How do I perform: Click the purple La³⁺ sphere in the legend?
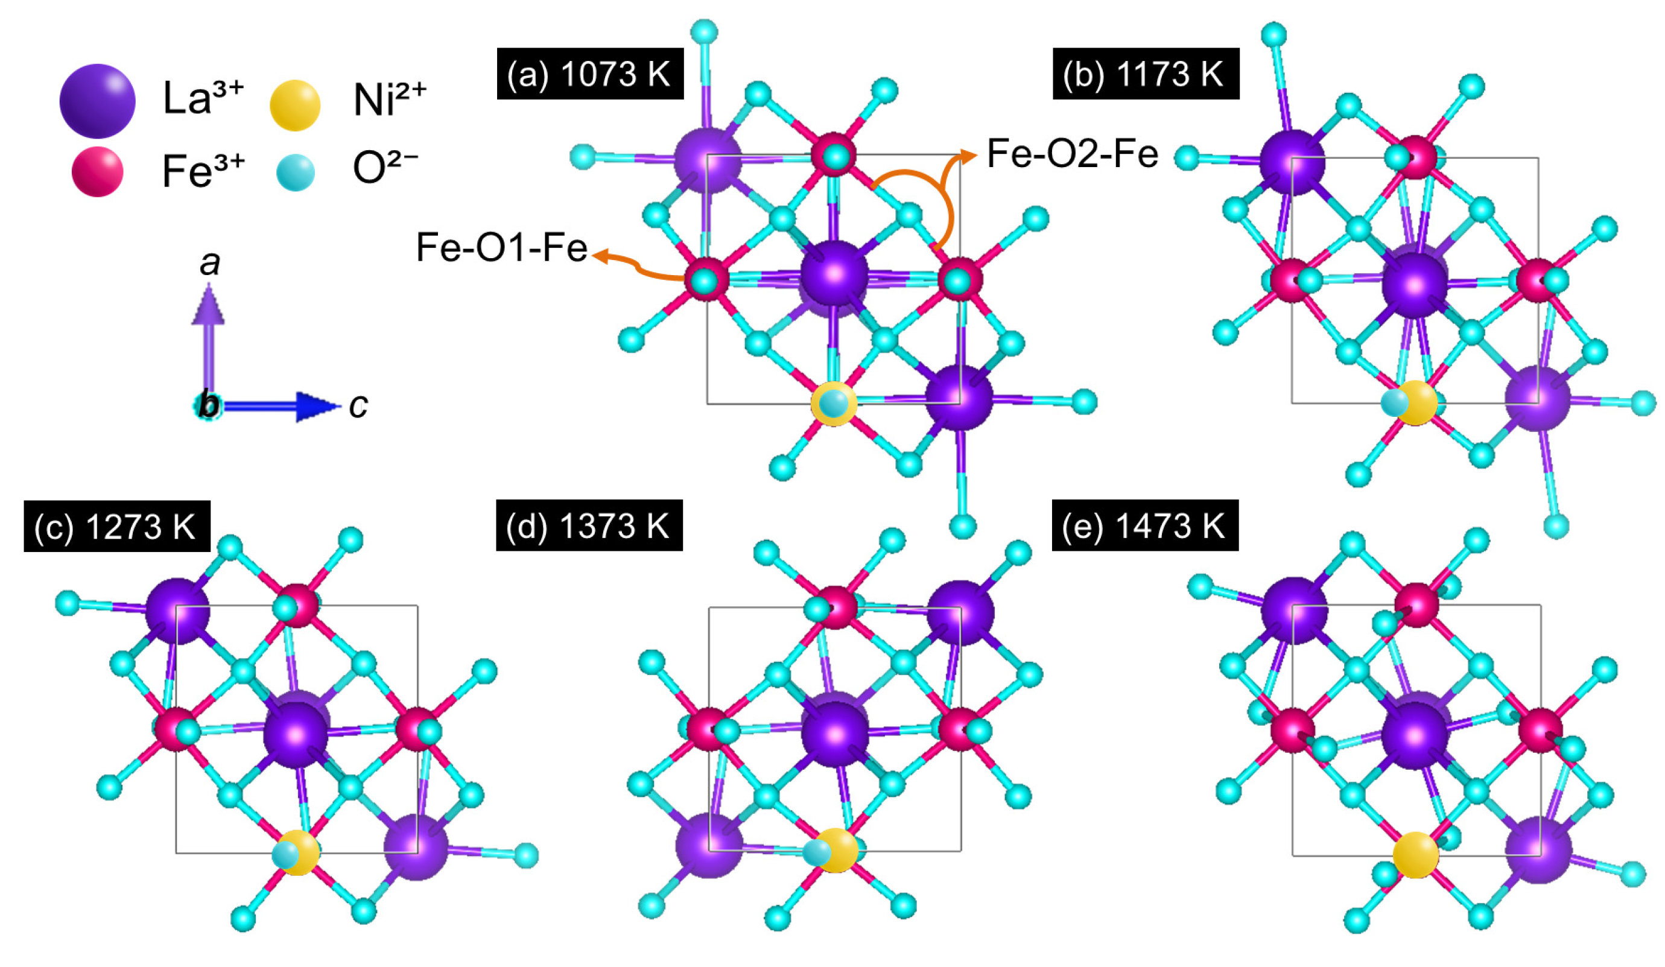(x=97, y=101)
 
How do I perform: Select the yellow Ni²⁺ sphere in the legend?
(x=294, y=105)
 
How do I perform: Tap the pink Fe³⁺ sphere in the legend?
(x=97, y=172)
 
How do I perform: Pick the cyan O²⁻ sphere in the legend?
(x=294, y=173)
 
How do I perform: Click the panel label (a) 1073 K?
(x=590, y=74)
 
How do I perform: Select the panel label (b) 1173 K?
(x=1146, y=74)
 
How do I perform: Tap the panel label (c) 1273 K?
(x=117, y=526)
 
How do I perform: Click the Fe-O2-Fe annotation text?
(x=1073, y=154)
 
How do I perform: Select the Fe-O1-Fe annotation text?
(x=502, y=248)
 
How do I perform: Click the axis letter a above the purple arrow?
(x=210, y=264)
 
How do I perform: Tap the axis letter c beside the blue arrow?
(x=358, y=406)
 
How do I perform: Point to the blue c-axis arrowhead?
(x=318, y=406)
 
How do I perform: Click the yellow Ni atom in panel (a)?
(x=834, y=404)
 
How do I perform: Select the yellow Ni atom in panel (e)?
(x=1415, y=855)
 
